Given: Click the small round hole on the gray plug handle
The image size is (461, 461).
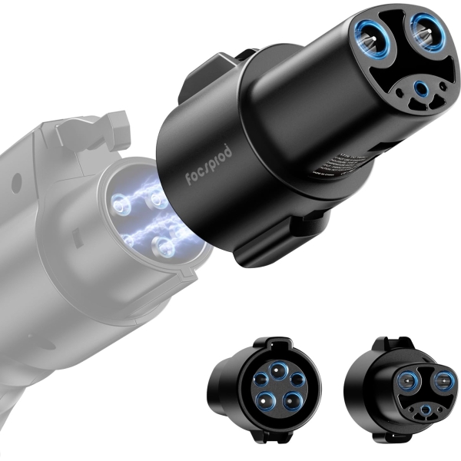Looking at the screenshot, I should click(12, 184).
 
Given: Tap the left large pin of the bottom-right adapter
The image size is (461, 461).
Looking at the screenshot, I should click(406, 380).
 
